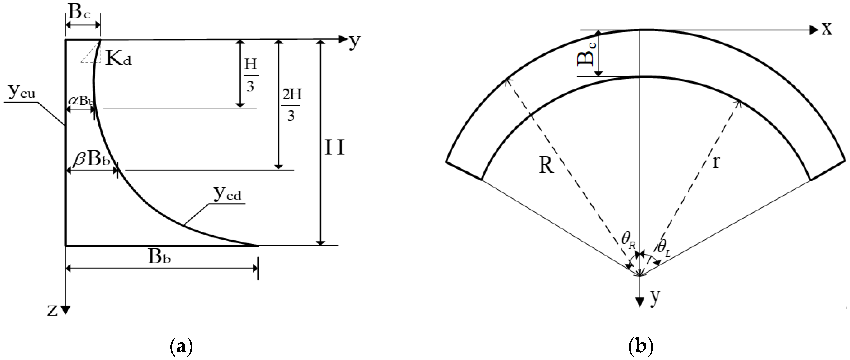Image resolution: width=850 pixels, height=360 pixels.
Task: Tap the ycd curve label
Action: point(227,195)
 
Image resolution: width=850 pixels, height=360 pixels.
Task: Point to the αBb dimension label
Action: point(81,101)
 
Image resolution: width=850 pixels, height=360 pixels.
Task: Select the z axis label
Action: point(52,310)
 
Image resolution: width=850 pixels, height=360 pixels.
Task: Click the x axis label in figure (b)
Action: point(827,29)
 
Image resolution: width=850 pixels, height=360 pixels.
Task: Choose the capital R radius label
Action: point(546,165)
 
